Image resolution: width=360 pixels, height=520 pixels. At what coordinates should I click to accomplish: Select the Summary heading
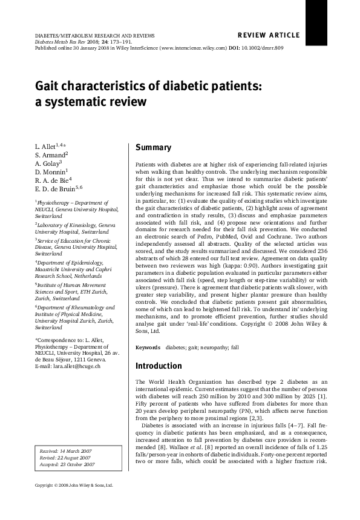(153, 148)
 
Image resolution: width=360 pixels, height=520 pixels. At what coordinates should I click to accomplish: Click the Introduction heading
(158, 366)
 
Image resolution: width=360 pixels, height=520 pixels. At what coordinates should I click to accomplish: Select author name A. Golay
(48, 163)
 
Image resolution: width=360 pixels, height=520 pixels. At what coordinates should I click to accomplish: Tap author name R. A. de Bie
(53, 180)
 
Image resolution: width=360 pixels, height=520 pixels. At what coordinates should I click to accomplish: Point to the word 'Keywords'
(148, 347)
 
